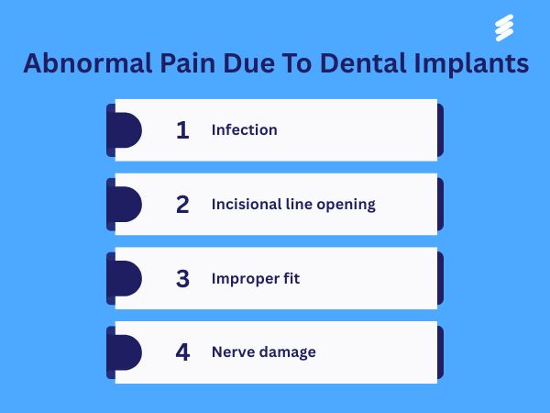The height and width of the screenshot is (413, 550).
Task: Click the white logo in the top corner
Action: tap(502, 28)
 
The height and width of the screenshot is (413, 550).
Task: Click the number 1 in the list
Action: tap(182, 130)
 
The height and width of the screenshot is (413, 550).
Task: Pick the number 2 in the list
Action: tap(182, 204)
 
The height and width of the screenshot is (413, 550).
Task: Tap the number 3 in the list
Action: tap(182, 278)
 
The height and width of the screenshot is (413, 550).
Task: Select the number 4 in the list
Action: tap(182, 352)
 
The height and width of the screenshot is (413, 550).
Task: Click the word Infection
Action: tap(244, 130)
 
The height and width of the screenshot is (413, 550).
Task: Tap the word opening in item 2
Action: tap(346, 205)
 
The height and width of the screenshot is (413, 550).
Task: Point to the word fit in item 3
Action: tap(291, 278)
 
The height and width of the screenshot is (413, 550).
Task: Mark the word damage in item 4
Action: tap(288, 352)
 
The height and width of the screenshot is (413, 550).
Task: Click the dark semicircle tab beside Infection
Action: tap(126, 130)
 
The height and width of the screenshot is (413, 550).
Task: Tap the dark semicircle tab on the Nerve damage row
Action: tap(126, 352)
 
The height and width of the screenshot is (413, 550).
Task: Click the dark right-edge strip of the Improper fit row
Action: tap(440, 278)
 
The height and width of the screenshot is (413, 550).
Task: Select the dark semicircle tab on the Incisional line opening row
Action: tap(126, 204)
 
